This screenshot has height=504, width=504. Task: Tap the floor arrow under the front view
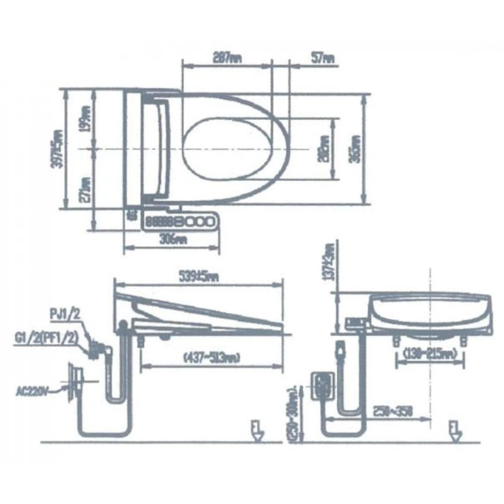click(x=455, y=430)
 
